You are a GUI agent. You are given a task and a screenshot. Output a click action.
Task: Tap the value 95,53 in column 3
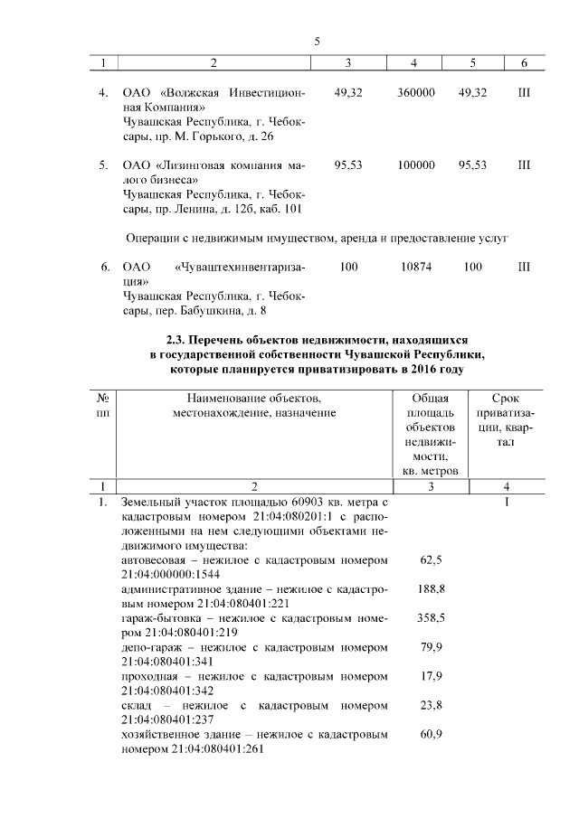coord(348,166)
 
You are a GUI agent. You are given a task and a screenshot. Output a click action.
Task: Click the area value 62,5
coord(432,560)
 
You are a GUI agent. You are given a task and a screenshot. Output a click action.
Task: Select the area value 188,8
coord(432,588)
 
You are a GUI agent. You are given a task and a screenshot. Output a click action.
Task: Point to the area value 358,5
coord(432,617)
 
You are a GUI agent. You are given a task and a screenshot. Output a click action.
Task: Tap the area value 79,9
coord(432,647)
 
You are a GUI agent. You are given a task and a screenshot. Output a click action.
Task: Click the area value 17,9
coord(432,676)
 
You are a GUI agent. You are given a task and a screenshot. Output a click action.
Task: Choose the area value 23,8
coord(432,705)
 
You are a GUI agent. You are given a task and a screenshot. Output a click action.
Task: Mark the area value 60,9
coord(432,734)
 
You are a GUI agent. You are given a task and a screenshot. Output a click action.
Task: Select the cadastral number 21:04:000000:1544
coord(170,574)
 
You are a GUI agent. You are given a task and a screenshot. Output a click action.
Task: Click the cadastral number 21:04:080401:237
coord(170,719)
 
